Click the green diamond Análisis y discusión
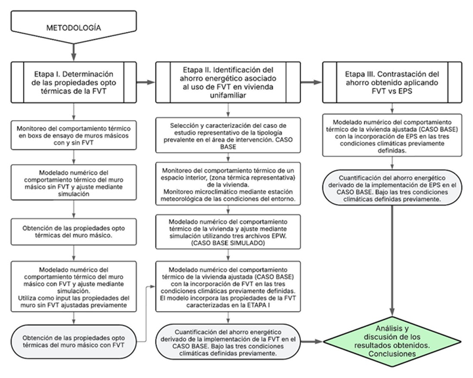[x=392, y=341]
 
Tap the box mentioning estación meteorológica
[x=233, y=186]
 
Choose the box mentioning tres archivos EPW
[x=233, y=231]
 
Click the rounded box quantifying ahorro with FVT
[x=233, y=342]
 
